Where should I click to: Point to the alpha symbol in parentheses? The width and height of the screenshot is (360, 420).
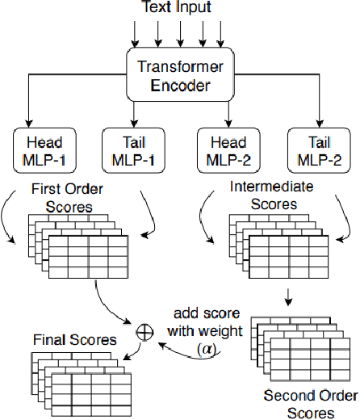pyautogui.click(x=203, y=350)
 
